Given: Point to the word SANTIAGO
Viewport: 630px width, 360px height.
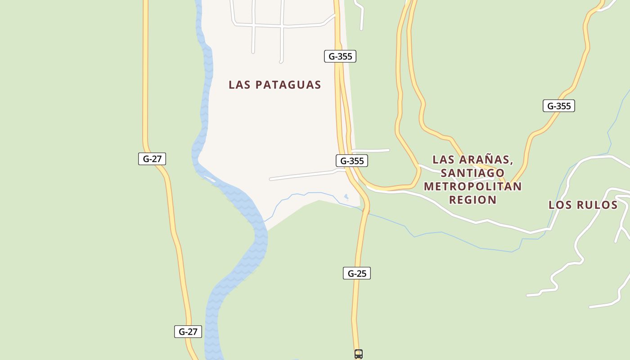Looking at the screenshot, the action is click(x=473, y=173).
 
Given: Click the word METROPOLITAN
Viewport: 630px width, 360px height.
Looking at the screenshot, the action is click(x=472, y=186).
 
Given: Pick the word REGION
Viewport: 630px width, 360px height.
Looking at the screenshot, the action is click(x=472, y=200).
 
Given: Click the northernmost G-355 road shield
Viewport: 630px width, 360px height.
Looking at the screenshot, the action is click(x=340, y=56).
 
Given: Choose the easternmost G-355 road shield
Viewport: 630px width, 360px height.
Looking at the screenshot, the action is click(x=558, y=106).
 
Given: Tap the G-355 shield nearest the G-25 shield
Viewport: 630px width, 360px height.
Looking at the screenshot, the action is click(x=352, y=161).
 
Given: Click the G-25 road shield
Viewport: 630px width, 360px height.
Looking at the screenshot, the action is click(x=357, y=273).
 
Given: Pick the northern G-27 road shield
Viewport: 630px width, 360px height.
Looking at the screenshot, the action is click(x=152, y=158).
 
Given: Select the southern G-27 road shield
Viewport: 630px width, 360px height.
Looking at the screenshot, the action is click(x=188, y=332).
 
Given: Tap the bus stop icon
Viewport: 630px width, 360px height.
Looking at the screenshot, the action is click(x=359, y=354).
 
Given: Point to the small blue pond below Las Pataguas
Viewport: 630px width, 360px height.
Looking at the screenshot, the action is click(x=346, y=197).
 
